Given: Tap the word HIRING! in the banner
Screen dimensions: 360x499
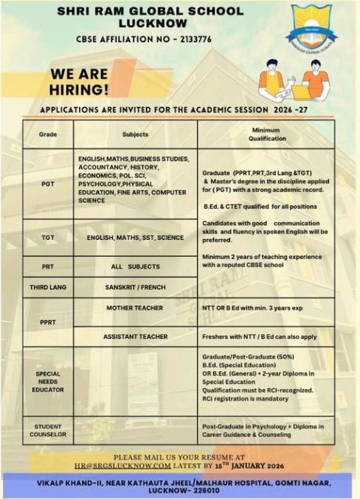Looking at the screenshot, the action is (x=79, y=90).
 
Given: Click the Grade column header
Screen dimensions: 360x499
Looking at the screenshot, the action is (x=48, y=134).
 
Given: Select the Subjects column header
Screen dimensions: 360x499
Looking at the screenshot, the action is (x=135, y=134).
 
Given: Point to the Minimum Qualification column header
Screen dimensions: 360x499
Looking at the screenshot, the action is (x=266, y=134).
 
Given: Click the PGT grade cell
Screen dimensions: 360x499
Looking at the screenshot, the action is (x=48, y=184).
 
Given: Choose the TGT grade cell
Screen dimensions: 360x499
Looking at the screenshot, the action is (x=48, y=238).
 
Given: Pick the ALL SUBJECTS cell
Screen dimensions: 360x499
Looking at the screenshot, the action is (x=135, y=266).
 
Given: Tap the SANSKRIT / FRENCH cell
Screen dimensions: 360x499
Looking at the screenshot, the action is (x=135, y=286).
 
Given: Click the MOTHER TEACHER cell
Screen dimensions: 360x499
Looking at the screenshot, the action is (x=135, y=307).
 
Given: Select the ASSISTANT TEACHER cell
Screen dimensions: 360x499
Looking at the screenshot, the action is (x=135, y=337).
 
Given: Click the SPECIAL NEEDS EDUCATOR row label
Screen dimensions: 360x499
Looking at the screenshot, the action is (x=48, y=382).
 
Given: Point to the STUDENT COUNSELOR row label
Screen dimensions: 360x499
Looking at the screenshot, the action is (x=48, y=430).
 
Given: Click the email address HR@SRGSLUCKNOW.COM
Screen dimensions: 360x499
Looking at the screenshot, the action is (x=122, y=466).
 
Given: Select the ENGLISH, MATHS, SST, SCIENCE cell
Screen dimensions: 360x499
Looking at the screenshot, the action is (x=135, y=238).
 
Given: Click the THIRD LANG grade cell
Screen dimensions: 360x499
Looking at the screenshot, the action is (x=48, y=286).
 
